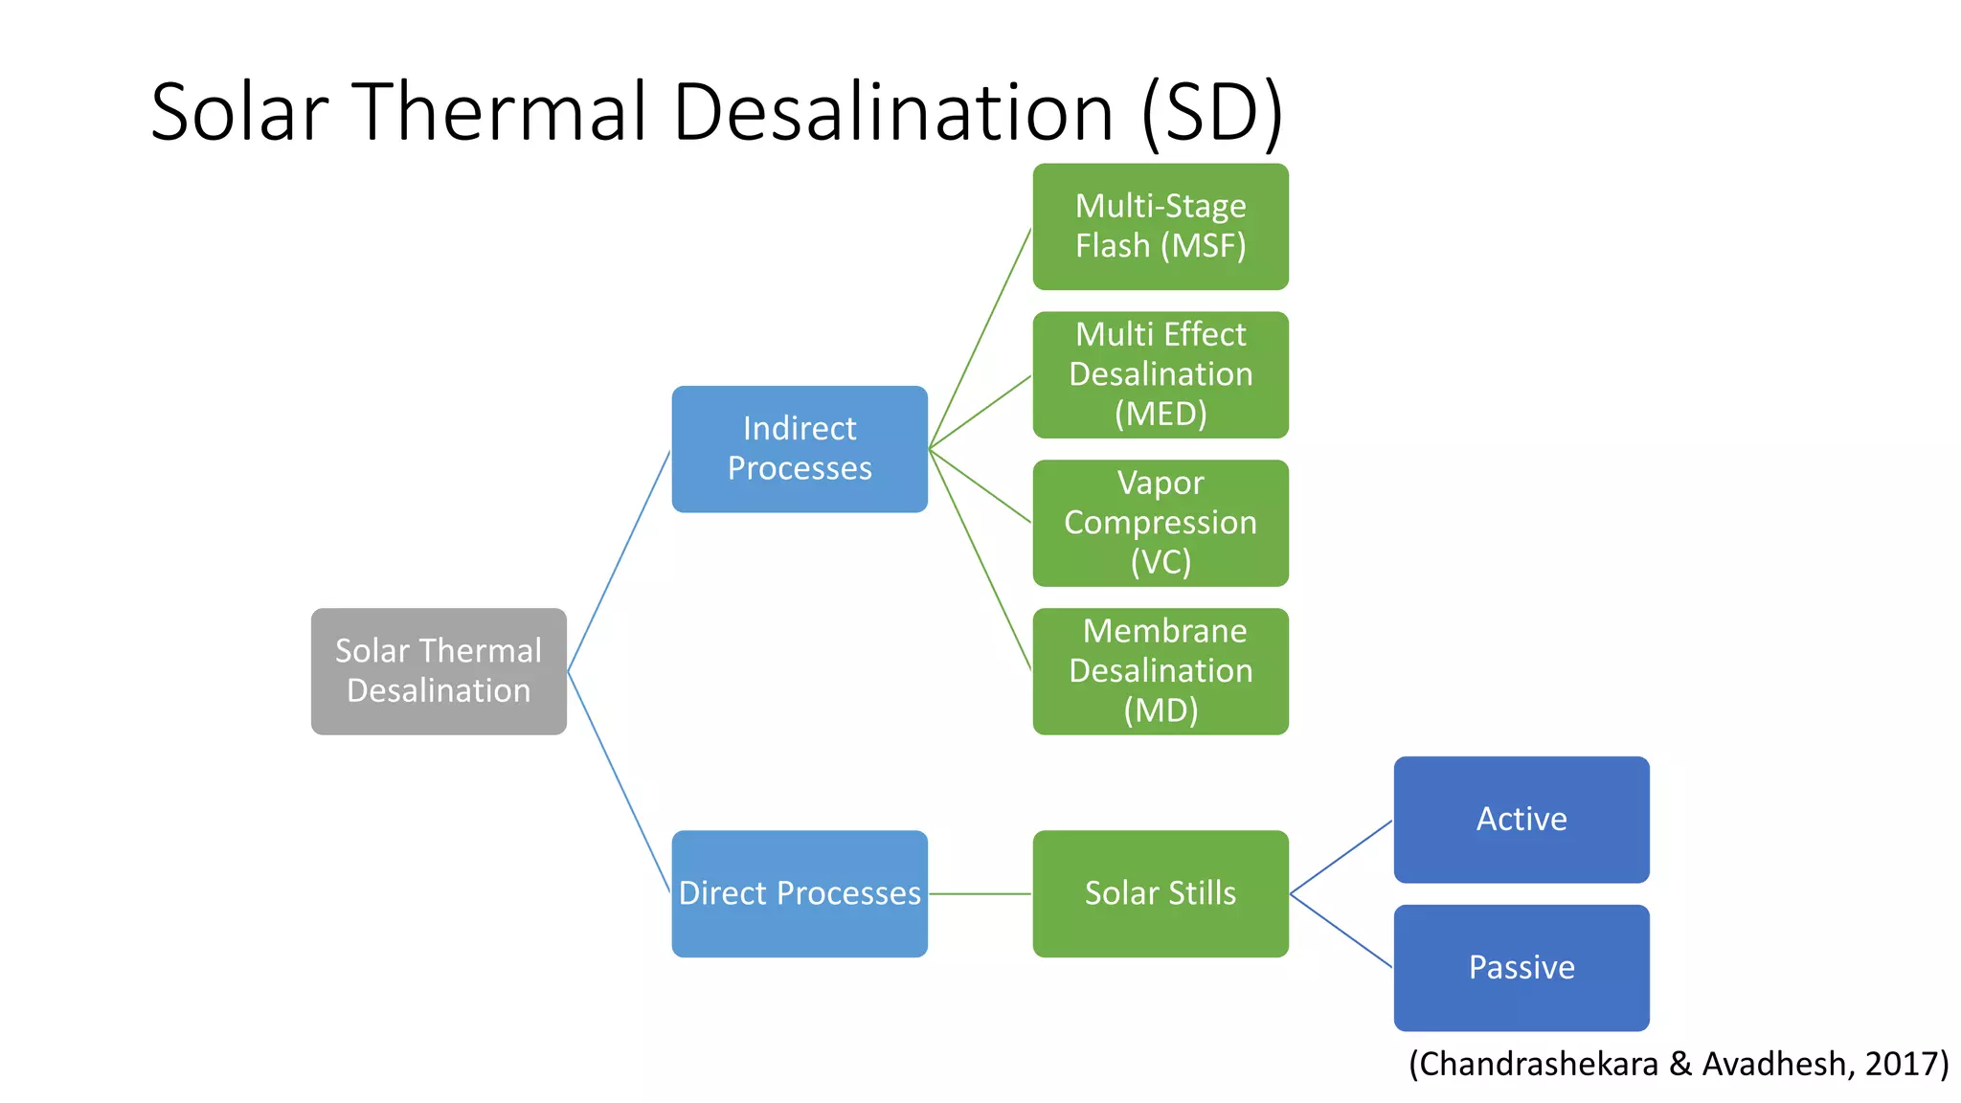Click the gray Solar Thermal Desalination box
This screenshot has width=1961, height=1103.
[x=439, y=671]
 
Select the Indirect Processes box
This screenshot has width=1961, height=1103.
[x=800, y=449]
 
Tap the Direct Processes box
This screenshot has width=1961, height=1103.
[x=800, y=893]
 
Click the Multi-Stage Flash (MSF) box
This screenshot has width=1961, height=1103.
[x=1161, y=227]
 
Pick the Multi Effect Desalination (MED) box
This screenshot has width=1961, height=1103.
[x=1161, y=374]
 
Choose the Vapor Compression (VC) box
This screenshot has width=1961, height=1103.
[x=1161, y=523]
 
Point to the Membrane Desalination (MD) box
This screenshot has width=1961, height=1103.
[x=1161, y=671]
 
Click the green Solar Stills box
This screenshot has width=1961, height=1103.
[x=1161, y=893]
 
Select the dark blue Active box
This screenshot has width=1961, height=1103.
[x=1521, y=820]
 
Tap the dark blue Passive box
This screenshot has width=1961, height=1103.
[x=1521, y=967]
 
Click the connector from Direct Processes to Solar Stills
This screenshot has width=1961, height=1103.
[x=980, y=893]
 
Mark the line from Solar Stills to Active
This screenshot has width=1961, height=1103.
[x=1341, y=857]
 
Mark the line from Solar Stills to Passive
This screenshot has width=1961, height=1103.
[x=1341, y=931]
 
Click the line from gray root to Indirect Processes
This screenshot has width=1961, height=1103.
[x=619, y=561]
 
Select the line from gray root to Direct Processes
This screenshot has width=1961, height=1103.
[x=619, y=781]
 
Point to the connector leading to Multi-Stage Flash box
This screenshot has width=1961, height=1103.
[x=980, y=339]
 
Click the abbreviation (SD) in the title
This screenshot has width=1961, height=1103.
[x=1211, y=113]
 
